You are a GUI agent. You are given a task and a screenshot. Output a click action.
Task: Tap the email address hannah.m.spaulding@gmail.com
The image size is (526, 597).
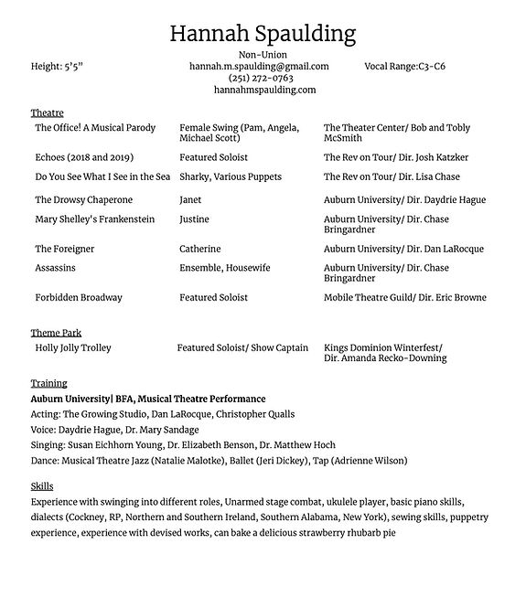click(x=259, y=67)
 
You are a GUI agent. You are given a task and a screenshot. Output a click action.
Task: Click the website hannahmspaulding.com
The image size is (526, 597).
click(x=264, y=91)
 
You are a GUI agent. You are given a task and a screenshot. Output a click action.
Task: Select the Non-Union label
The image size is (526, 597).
click(x=263, y=56)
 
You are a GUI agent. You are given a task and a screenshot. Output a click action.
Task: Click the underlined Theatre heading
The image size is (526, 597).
click(x=47, y=112)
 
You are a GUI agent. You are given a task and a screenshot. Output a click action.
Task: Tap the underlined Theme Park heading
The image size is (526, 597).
click(x=56, y=334)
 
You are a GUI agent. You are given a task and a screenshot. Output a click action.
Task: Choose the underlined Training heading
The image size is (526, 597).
click(x=48, y=383)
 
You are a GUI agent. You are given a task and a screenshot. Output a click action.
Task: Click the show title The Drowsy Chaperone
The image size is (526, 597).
click(x=83, y=199)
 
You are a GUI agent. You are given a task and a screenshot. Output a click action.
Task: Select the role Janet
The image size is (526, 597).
click(x=190, y=199)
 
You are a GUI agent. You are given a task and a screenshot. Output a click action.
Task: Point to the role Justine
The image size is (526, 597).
click(x=194, y=219)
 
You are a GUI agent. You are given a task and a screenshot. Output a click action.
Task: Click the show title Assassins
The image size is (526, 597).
click(x=55, y=268)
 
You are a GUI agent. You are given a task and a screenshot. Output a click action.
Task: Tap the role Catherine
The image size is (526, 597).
click(x=199, y=249)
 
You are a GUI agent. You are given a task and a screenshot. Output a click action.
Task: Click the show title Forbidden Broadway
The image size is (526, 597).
click(x=78, y=297)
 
